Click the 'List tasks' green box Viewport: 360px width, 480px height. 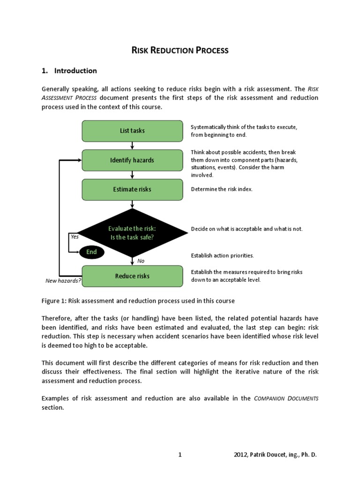pos(132,131)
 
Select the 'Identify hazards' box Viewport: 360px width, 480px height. pos(132,160)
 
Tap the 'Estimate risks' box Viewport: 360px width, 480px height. pos(132,189)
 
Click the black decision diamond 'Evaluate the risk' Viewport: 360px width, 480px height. pos(132,232)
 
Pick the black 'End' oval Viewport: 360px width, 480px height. pos(91,252)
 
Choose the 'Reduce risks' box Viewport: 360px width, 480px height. pos(132,276)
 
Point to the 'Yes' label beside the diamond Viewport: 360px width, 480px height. pos(75,237)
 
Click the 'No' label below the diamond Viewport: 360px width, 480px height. pos(141,261)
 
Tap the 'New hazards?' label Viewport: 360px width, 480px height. pos(63,281)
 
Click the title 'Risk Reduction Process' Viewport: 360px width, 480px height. pos(180,50)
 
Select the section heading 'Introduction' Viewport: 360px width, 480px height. pos(75,71)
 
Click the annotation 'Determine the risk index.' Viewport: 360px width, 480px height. pos(222,189)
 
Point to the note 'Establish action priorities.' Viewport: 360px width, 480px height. pos(222,255)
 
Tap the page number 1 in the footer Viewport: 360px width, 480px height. pos(180,455)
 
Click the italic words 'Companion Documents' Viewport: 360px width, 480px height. pos(286,399)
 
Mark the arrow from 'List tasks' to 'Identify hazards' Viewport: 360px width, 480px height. pos(133,145)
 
